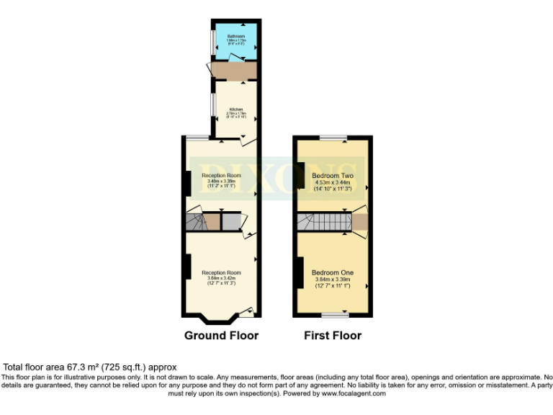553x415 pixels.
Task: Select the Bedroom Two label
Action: point(331,175)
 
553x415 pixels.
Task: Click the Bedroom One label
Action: point(332,272)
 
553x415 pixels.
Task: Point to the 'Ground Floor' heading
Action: point(221,336)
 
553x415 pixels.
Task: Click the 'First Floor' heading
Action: point(332,336)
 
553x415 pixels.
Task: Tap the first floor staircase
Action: point(323,221)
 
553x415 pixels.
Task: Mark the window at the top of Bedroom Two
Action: point(333,137)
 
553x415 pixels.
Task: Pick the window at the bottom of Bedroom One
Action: point(332,316)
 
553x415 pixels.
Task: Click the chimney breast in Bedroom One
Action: point(297,272)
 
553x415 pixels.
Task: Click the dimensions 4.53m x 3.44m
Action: point(332,183)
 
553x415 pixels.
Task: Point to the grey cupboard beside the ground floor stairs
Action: point(230,221)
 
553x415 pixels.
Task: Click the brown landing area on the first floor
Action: point(359,221)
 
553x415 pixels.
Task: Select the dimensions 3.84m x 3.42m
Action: point(221,277)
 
